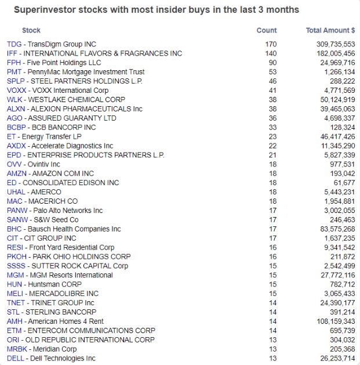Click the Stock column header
coord(31,30)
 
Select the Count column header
coord(267,30)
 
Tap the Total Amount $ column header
coord(330,30)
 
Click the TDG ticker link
coord(14,44)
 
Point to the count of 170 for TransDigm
coord(271,44)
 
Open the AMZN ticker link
coord(16,174)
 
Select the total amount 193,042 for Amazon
coord(341,174)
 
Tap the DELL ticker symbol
coord(15,358)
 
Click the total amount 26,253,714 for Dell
coord(334,358)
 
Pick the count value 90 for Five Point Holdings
coord(273,63)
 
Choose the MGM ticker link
coord(15,275)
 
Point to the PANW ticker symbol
coord(16,210)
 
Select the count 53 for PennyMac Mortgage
coord(273,72)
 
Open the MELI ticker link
coord(14,294)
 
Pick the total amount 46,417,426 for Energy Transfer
coord(334,136)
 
